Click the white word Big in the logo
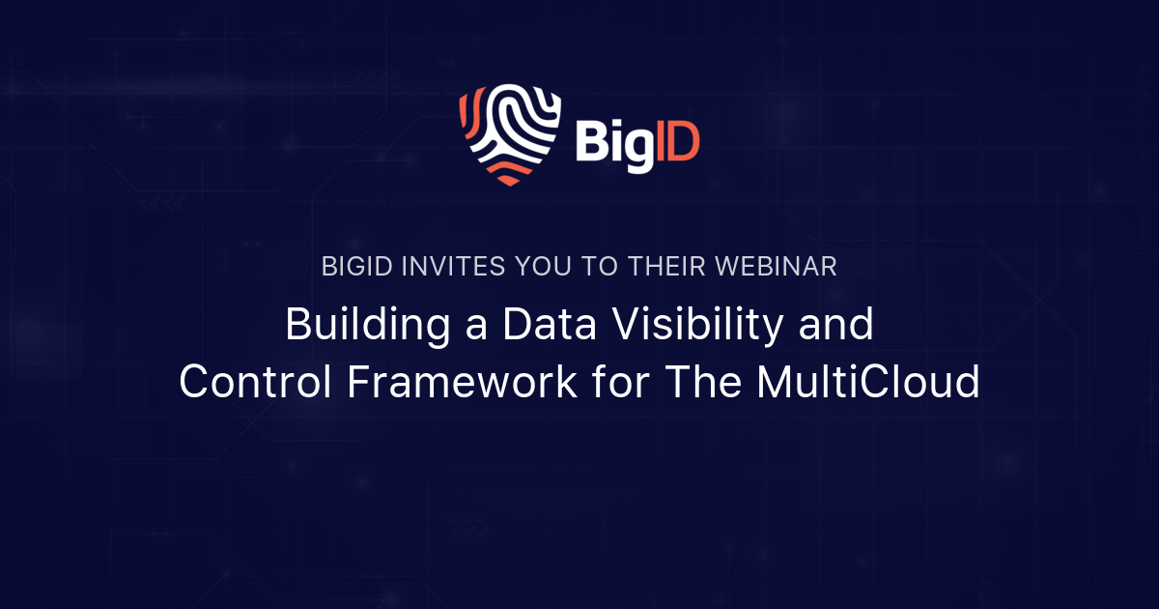(x=610, y=142)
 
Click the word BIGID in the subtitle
(x=354, y=268)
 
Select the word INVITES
(x=439, y=268)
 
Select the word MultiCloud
(x=867, y=383)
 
